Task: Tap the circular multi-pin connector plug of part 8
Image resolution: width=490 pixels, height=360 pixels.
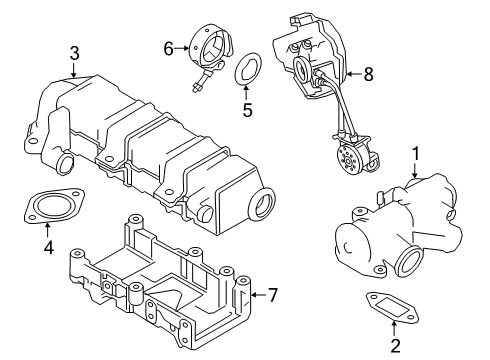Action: click(350, 159)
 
